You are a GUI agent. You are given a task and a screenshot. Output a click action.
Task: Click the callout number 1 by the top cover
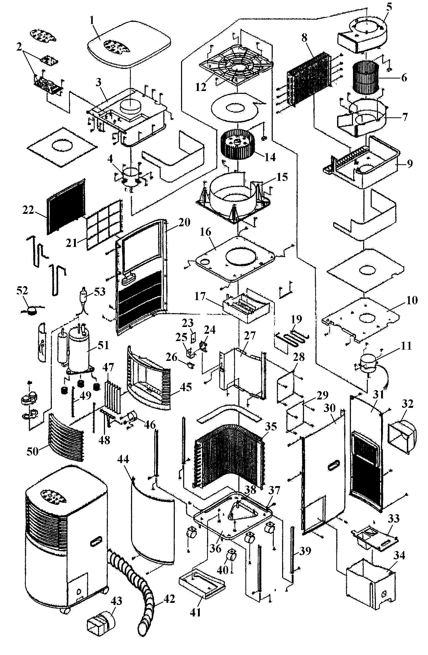[92, 20]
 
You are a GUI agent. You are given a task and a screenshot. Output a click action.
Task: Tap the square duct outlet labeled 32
[402, 437]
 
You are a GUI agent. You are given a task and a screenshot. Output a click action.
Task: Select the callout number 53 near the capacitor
[100, 292]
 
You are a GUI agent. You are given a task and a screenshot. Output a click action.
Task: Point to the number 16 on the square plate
[205, 232]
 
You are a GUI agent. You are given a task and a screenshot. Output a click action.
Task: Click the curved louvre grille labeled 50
[66, 437]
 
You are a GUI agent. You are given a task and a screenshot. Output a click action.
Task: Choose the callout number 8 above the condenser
[304, 38]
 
